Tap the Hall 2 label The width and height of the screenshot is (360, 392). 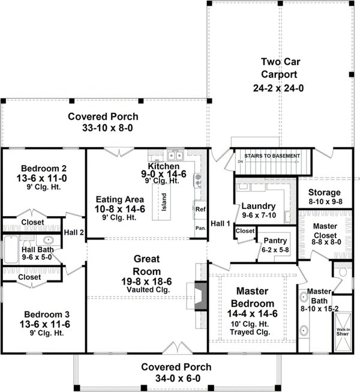click(74, 231)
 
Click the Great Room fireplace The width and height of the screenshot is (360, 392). click(201, 294)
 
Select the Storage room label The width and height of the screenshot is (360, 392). click(325, 192)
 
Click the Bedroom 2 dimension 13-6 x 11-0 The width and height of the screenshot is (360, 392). click(43, 178)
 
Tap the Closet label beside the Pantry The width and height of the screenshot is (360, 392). click(245, 231)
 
